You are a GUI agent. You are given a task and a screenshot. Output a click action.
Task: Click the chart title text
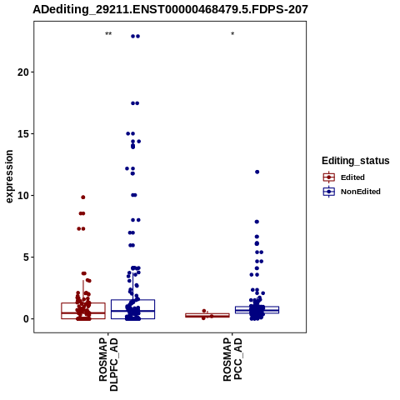tap(170, 10)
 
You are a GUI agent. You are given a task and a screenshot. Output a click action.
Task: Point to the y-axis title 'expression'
tap(9, 177)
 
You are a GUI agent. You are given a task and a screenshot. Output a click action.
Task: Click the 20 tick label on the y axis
tap(23, 72)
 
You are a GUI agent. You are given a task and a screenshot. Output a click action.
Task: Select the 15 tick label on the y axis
tap(23, 134)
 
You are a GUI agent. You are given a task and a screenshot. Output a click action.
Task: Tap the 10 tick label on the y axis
tap(23, 196)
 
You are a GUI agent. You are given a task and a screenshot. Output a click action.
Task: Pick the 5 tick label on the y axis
tap(26, 257)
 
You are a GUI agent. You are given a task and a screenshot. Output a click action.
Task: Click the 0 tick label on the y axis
tap(26, 319)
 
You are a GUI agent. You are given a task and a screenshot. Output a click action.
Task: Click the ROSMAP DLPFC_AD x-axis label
tap(108, 364)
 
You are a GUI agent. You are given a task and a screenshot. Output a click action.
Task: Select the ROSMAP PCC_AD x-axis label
tap(232, 359)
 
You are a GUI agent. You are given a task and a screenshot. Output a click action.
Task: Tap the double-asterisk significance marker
tap(108, 34)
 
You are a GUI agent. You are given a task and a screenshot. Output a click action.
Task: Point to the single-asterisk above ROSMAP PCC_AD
tap(232, 33)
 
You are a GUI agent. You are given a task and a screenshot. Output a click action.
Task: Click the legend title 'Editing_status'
tap(356, 161)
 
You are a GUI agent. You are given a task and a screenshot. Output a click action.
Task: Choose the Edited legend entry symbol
tap(329, 177)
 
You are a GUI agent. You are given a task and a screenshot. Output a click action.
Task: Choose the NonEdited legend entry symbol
tap(329, 192)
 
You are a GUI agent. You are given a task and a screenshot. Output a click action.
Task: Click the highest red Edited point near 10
tap(83, 197)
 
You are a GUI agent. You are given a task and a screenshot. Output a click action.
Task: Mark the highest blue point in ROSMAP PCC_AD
tap(257, 172)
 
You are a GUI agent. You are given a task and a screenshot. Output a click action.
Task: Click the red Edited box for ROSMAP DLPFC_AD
tap(83, 302)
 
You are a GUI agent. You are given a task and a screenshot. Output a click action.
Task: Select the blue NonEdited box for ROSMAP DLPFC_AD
tap(132, 300)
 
